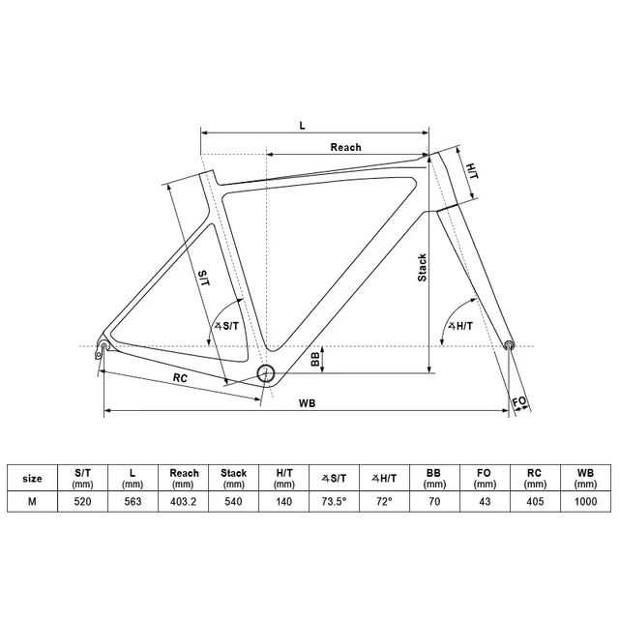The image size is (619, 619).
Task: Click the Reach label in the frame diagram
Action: [345, 147]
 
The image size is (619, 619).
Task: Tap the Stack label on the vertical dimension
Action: [422, 267]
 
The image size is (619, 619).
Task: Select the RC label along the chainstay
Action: [180, 377]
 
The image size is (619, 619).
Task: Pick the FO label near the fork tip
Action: [518, 399]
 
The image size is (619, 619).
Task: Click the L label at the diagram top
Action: [302, 126]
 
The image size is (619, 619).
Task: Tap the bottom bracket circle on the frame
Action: [267, 374]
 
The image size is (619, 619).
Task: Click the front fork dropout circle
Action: [510, 343]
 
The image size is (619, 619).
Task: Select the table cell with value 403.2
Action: [184, 502]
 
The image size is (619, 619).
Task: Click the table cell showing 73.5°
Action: [336, 502]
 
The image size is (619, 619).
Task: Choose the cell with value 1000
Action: [584, 502]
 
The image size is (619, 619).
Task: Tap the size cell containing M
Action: [32, 502]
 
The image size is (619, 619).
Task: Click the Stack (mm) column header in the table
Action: [234, 479]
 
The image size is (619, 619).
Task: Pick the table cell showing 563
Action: [133, 502]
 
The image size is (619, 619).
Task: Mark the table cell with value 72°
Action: [385, 502]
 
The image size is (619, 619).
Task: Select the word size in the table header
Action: [32, 479]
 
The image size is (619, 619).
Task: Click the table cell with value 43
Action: [485, 502]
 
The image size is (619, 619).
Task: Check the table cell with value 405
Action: [535, 502]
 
